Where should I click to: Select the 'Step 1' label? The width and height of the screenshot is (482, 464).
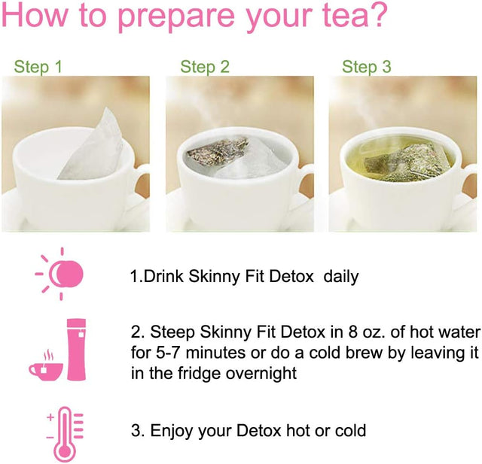[38, 67]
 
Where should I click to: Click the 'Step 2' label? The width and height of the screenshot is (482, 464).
[205, 67]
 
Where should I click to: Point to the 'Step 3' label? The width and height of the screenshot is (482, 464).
[367, 67]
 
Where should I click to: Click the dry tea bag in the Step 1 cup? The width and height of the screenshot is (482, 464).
[93, 147]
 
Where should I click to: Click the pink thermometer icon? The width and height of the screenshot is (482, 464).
[65, 434]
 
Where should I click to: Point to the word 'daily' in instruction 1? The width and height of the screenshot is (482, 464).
[341, 276]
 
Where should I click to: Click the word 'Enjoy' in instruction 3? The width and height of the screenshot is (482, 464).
[172, 431]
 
